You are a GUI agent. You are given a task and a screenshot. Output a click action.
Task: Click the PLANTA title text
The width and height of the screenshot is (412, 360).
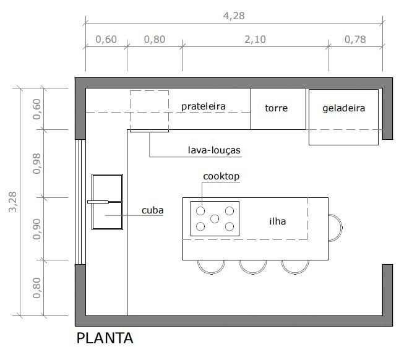[x=105, y=339]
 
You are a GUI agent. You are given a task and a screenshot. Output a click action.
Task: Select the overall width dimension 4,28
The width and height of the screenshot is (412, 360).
[x=233, y=16]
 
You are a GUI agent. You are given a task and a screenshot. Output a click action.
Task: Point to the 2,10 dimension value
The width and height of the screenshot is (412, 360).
[x=255, y=40]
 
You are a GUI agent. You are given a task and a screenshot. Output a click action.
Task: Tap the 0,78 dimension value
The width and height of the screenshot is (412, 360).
[x=354, y=40]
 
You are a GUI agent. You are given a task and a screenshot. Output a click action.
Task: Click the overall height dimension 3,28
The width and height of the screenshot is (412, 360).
[x=14, y=201]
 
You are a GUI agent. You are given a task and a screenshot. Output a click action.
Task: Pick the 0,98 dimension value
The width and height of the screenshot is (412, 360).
[x=37, y=163]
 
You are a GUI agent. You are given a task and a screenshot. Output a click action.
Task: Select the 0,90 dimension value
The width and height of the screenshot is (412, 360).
[x=37, y=229]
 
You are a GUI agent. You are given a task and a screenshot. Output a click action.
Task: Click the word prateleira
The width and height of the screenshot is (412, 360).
[x=203, y=106]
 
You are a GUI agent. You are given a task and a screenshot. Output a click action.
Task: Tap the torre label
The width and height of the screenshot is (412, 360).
[x=277, y=108]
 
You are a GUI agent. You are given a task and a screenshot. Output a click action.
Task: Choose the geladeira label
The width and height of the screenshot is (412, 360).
[x=343, y=108]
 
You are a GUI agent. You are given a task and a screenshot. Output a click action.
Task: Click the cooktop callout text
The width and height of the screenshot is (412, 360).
[x=221, y=176]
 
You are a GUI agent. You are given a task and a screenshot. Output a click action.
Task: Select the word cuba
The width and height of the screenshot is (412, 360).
[x=152, y=210]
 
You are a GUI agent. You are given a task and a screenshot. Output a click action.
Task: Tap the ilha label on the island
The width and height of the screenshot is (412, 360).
[x=277, y=221]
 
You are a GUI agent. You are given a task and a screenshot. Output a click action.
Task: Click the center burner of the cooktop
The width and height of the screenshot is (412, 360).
[x=215, y=218]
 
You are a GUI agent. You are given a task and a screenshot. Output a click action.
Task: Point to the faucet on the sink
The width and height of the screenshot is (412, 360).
[x=99, y=202]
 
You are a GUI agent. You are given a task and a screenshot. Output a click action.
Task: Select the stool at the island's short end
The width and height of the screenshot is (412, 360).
[x=335, y=228]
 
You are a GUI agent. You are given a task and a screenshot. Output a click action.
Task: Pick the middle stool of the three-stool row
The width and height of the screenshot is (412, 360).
[x=252, y=266]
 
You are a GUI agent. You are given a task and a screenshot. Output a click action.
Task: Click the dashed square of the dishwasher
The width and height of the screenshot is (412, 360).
[x=149, y=110]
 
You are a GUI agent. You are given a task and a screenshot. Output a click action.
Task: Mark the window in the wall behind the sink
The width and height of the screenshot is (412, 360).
[x=79, y=202]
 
